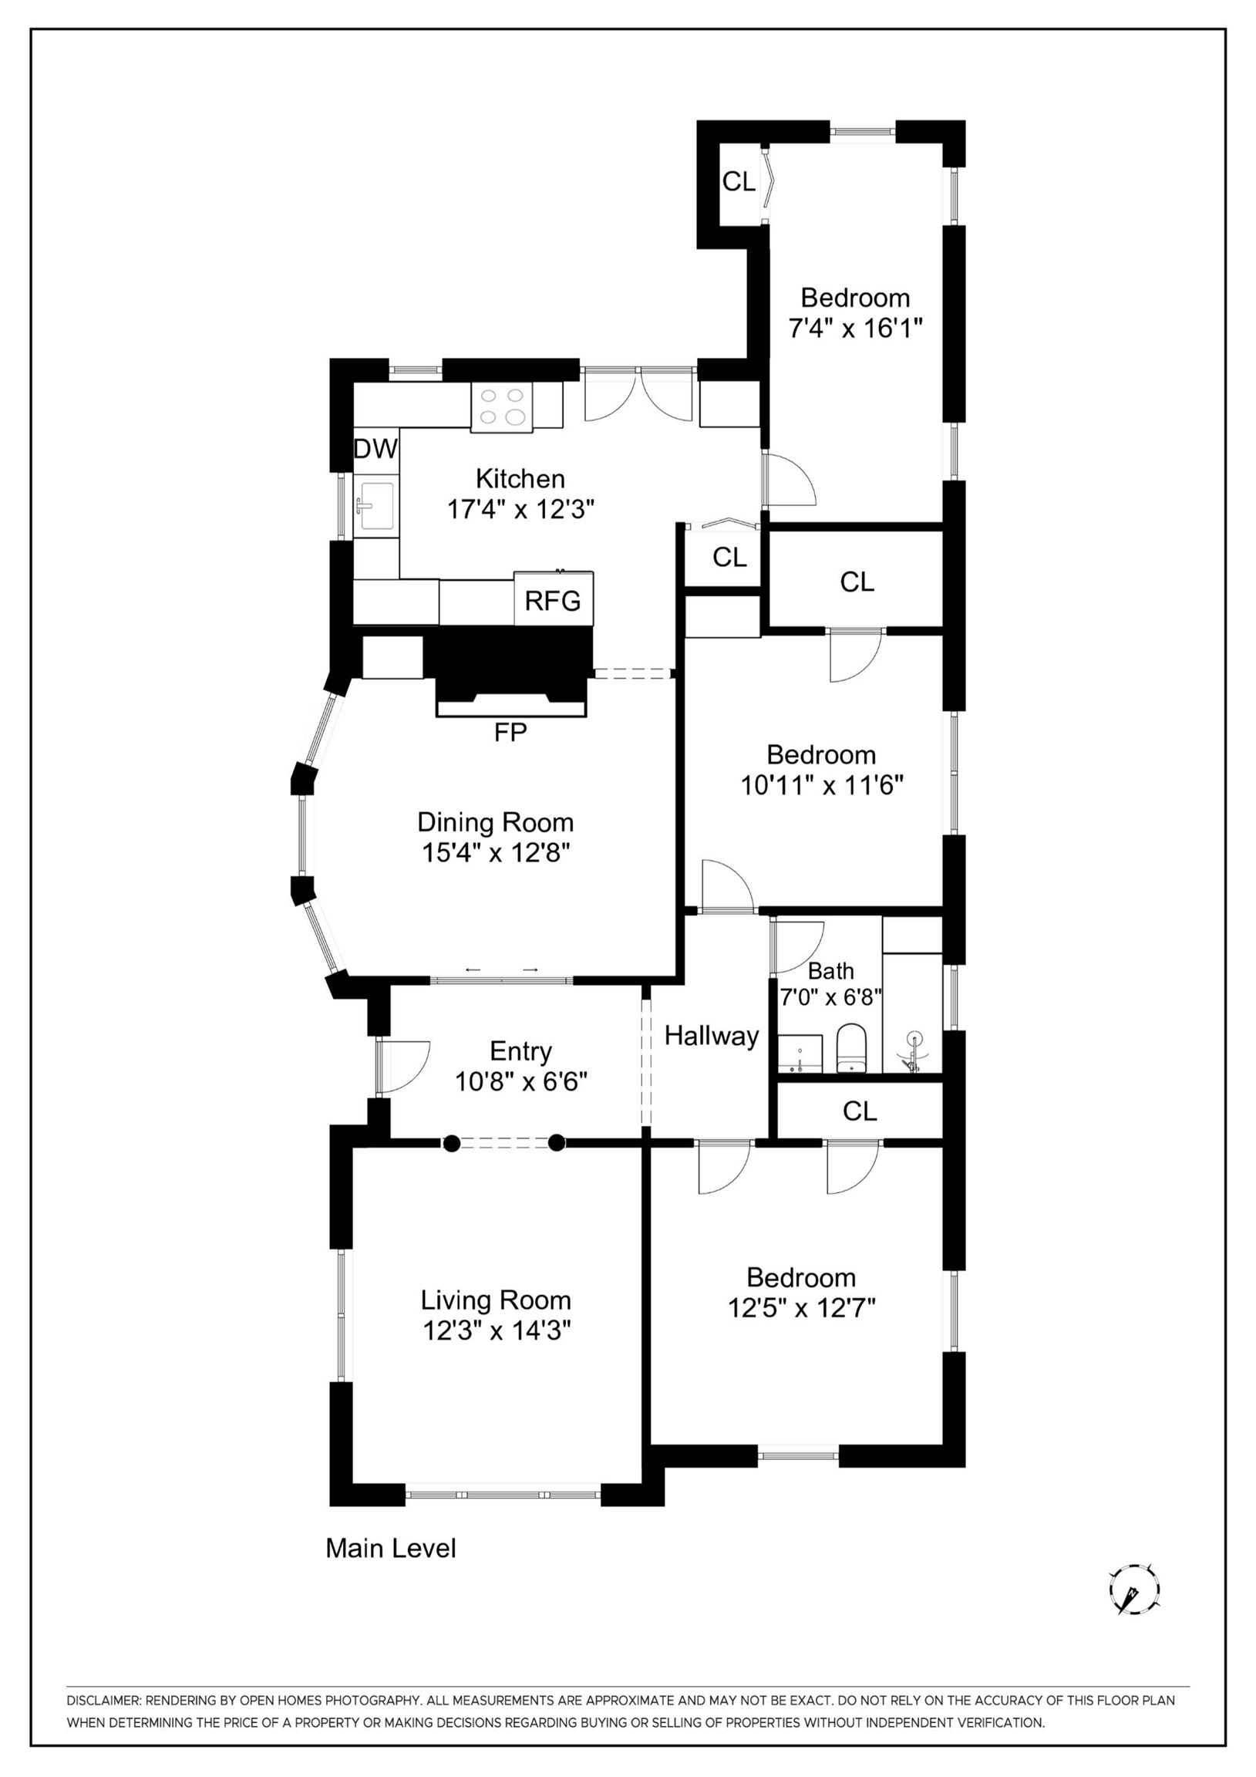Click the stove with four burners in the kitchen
click(x=502, y=407)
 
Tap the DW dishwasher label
click(x=375, y=448)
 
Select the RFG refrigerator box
click(x=553, y=601)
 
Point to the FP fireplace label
click(x=510, y=732)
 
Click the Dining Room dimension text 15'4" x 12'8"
click(x=495, y=853)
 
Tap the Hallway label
click(x=711, y=1036)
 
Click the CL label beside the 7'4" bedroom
click(x=739, y=182)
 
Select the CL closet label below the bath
click(x=859, y=1111)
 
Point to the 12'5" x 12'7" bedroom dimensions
click(x=801, y=1308)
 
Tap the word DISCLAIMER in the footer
click(x=103, y=1701)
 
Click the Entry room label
click(x=520, y=1051)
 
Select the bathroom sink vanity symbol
click(x=800, y=1054)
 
